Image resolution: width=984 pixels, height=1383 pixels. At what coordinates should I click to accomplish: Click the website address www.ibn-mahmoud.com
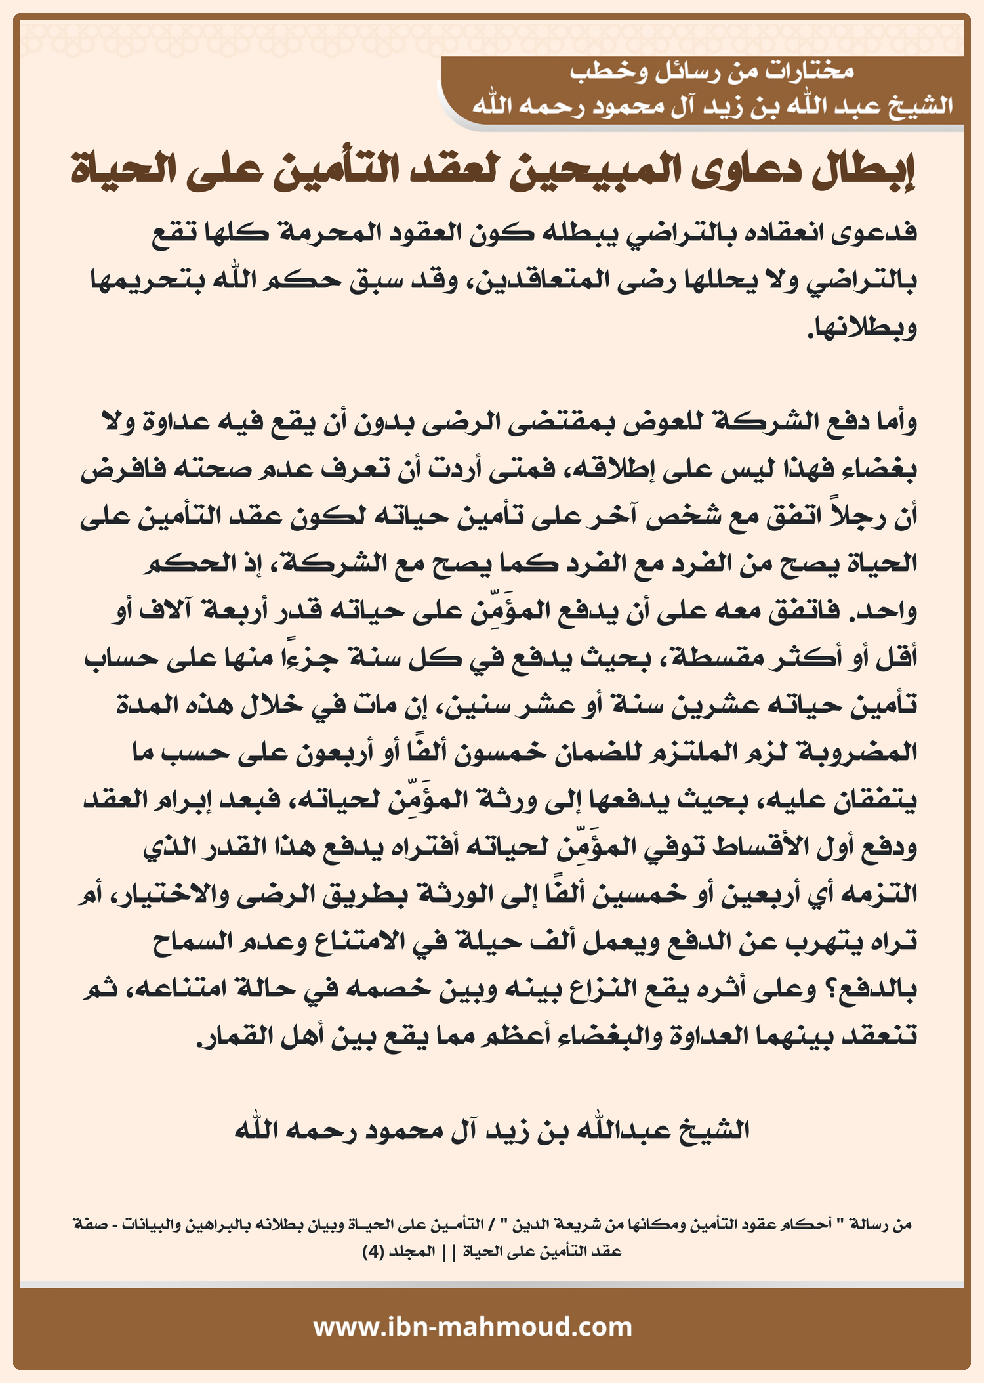coord(472,1327)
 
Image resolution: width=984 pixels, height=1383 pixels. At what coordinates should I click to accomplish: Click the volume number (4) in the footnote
coord(373,1252)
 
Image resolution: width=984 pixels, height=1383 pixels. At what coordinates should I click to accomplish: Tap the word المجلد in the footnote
coord(413,1252)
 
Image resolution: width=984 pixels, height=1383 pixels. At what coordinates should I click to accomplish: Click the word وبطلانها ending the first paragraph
coord(862,328)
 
